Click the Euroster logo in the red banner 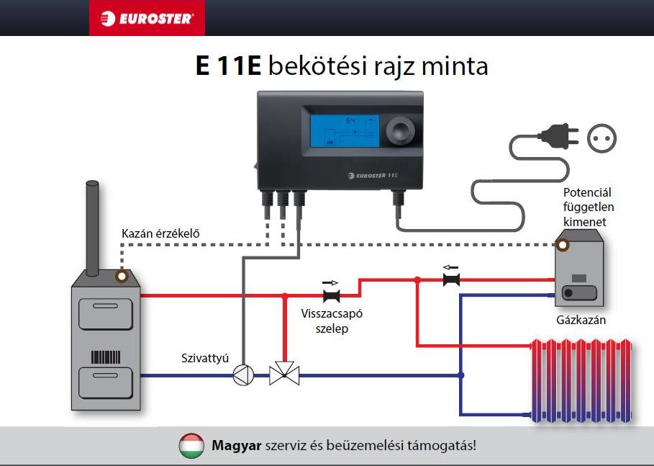(147, 18)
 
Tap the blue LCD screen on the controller (345, 131)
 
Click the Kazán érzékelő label (160, 233)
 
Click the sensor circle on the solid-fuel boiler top (122, 276)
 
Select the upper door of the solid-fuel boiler (105, 314)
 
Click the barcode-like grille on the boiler (105, 357)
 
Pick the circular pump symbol (243, 375)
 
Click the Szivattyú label (204, 358)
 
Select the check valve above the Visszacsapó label (332, 295)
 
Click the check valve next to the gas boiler (451, 279)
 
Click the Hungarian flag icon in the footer (191, 446)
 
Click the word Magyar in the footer (236, 446)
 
